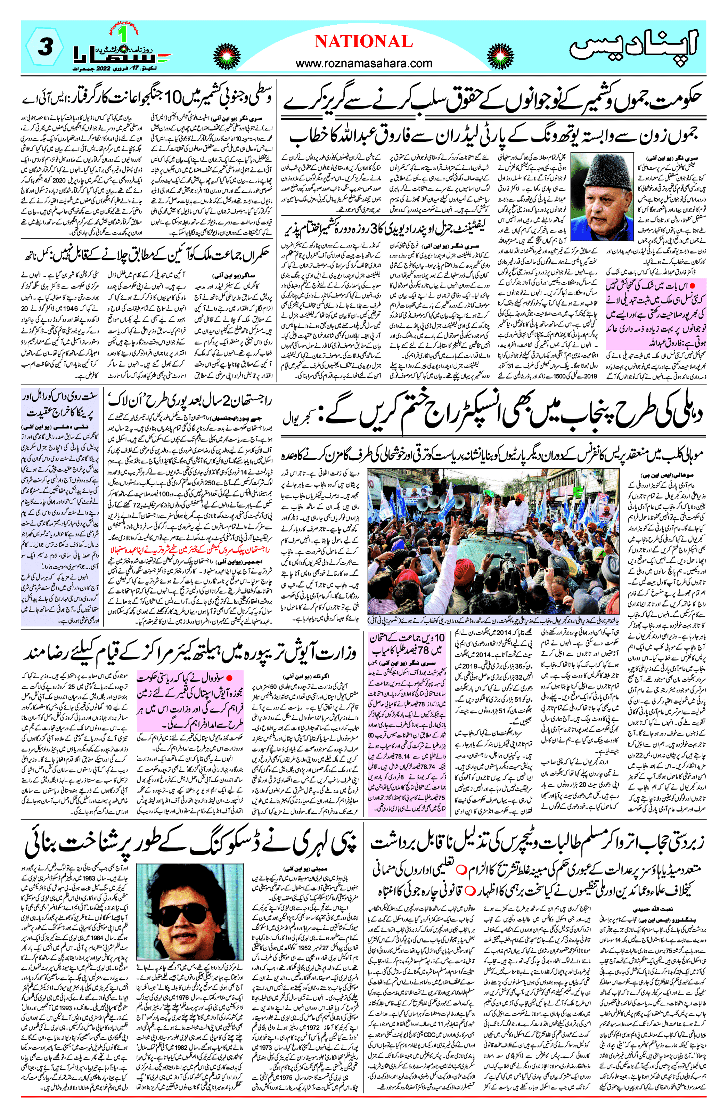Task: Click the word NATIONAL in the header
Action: [363, 41]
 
